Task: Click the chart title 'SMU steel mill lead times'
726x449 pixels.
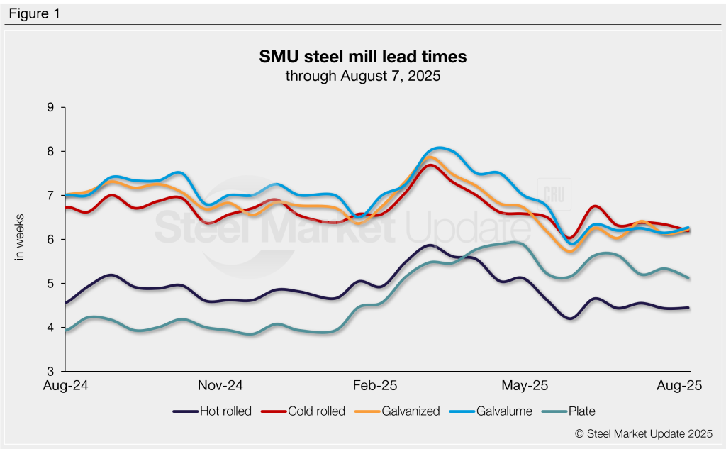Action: (x=362, y=56)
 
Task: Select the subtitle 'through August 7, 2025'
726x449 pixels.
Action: (x=362, y=76)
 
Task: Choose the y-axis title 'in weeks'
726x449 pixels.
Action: (x=20, y=237)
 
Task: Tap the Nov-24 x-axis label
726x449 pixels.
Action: (x=221, y=386)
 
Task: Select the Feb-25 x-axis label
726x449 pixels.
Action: (x=375, y=386)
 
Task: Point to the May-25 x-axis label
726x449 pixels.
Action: (x=525, y=386)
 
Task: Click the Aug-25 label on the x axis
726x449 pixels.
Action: (x=680, y=386)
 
